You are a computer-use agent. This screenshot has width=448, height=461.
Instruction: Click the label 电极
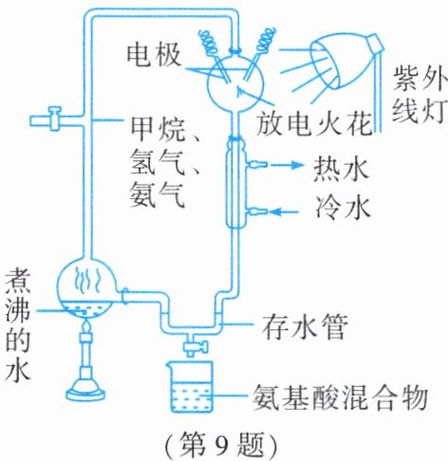(x=154, y=56)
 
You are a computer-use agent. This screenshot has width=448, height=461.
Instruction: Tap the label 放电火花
(x=314, y=123)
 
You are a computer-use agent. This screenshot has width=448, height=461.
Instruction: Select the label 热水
(x=342, y=170)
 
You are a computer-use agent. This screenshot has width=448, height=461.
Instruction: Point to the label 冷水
(x=343, y=208)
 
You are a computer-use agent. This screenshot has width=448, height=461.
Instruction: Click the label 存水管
(x=304, y=326)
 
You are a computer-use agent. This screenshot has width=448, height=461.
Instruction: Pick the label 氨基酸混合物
(x=340, y=397)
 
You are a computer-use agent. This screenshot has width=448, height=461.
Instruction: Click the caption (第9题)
(x=221, y=445)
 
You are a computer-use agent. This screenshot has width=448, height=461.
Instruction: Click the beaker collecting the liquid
(x=190, y=386)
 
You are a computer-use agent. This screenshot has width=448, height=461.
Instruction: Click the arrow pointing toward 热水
(x=286, y=165)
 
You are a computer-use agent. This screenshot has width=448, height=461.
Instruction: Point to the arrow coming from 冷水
(x=285, y=212)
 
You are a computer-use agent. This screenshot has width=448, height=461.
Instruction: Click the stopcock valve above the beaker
(x=195, y=345)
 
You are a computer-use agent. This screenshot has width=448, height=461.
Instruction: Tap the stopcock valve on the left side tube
(x=53, y=120)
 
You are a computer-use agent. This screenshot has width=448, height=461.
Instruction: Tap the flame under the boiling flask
(x=86, y=325)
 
